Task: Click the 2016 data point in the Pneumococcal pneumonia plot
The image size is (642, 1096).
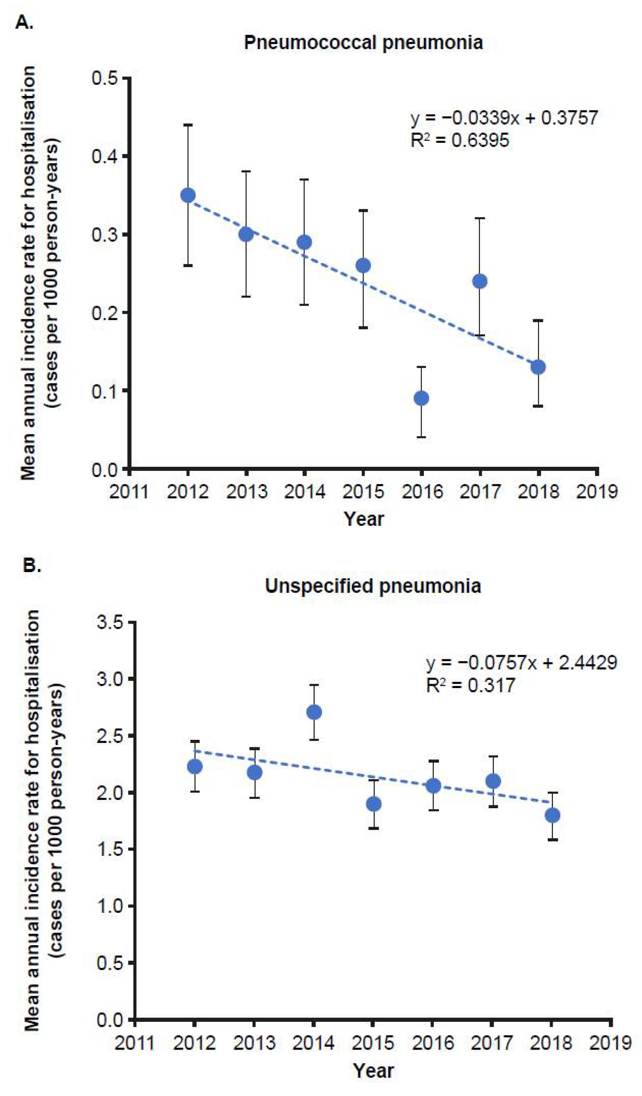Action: click(421, 398)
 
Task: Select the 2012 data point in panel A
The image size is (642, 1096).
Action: click(188, 195)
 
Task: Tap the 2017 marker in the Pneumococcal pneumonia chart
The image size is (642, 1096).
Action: click(480, 281)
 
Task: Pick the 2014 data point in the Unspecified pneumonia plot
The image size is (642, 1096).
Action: click(314, 712)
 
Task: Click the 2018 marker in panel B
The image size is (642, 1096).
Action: click(552, 815)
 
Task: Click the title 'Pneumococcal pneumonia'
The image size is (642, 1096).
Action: click(363, 43)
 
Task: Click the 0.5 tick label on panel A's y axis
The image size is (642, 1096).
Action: click(104, 79)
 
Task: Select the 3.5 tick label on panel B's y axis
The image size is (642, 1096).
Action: click(111, 623)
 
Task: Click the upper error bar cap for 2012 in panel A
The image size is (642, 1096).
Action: click(188, 125)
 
